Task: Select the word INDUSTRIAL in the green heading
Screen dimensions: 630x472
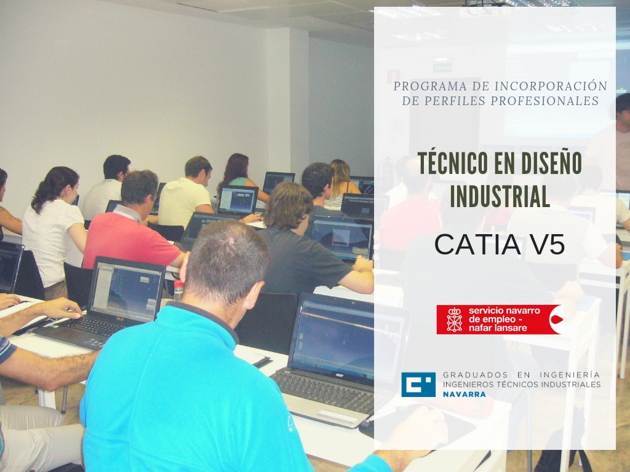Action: (500, 196)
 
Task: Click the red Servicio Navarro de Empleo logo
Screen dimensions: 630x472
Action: (500, 320)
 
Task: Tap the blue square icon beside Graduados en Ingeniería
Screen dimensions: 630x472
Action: (418, 385)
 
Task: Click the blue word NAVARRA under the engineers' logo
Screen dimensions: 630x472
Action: (464, 395)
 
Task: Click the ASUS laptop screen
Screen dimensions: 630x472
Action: (126, 290)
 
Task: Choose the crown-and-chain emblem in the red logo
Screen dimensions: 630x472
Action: (455, 320)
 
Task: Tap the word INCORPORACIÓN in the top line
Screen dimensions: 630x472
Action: (551, 86)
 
